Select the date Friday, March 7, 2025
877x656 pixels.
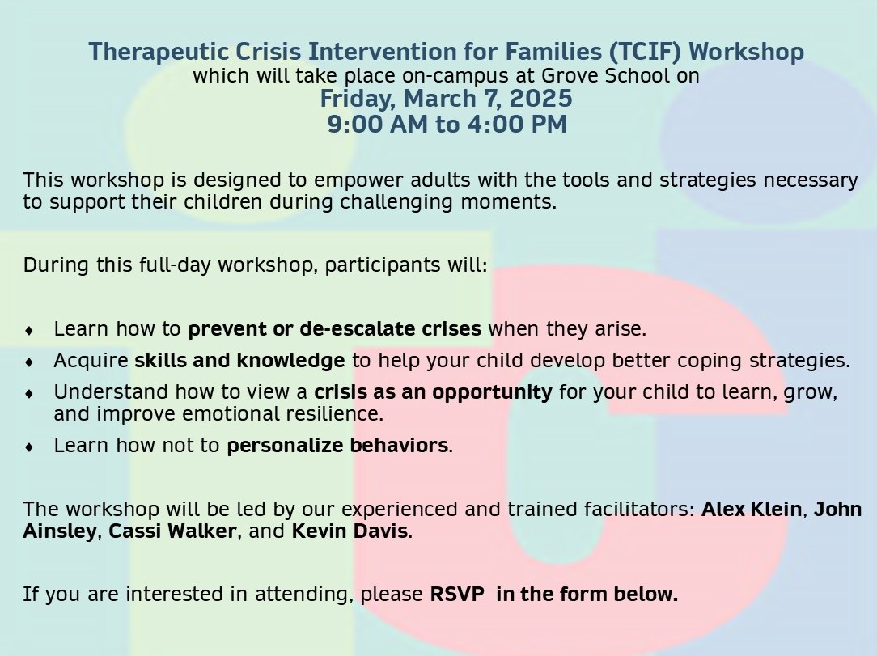(x=447, y=99)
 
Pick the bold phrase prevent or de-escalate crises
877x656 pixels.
(x=334, y=329)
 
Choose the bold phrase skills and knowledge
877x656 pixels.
(x=239, y=360)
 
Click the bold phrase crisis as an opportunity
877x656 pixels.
(x=434, y=392)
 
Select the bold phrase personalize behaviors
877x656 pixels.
(x=337, y=446)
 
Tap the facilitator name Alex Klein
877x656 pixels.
(x=752, y=509)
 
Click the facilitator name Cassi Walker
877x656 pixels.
(x=172, y=531)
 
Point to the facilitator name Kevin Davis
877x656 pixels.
(x=350, y=531)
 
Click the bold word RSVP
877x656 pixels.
(x=457, y=594)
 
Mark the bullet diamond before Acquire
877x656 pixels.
(x=29, y=362)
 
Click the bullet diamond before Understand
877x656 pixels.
(x=29, y=394)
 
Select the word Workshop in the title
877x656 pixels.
(x=746, y=52)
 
